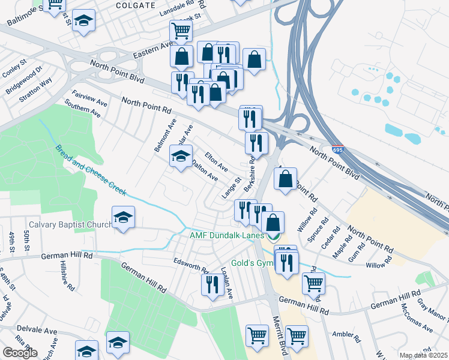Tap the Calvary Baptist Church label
coord(70,224)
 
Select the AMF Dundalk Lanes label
coord(227,236)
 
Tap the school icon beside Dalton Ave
coord(179,157)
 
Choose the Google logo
coord(20,353)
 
